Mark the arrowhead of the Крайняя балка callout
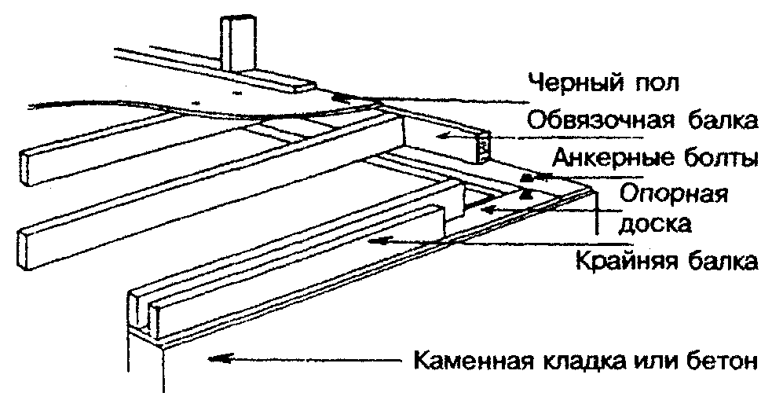(379, 241)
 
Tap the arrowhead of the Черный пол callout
(338, 97)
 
